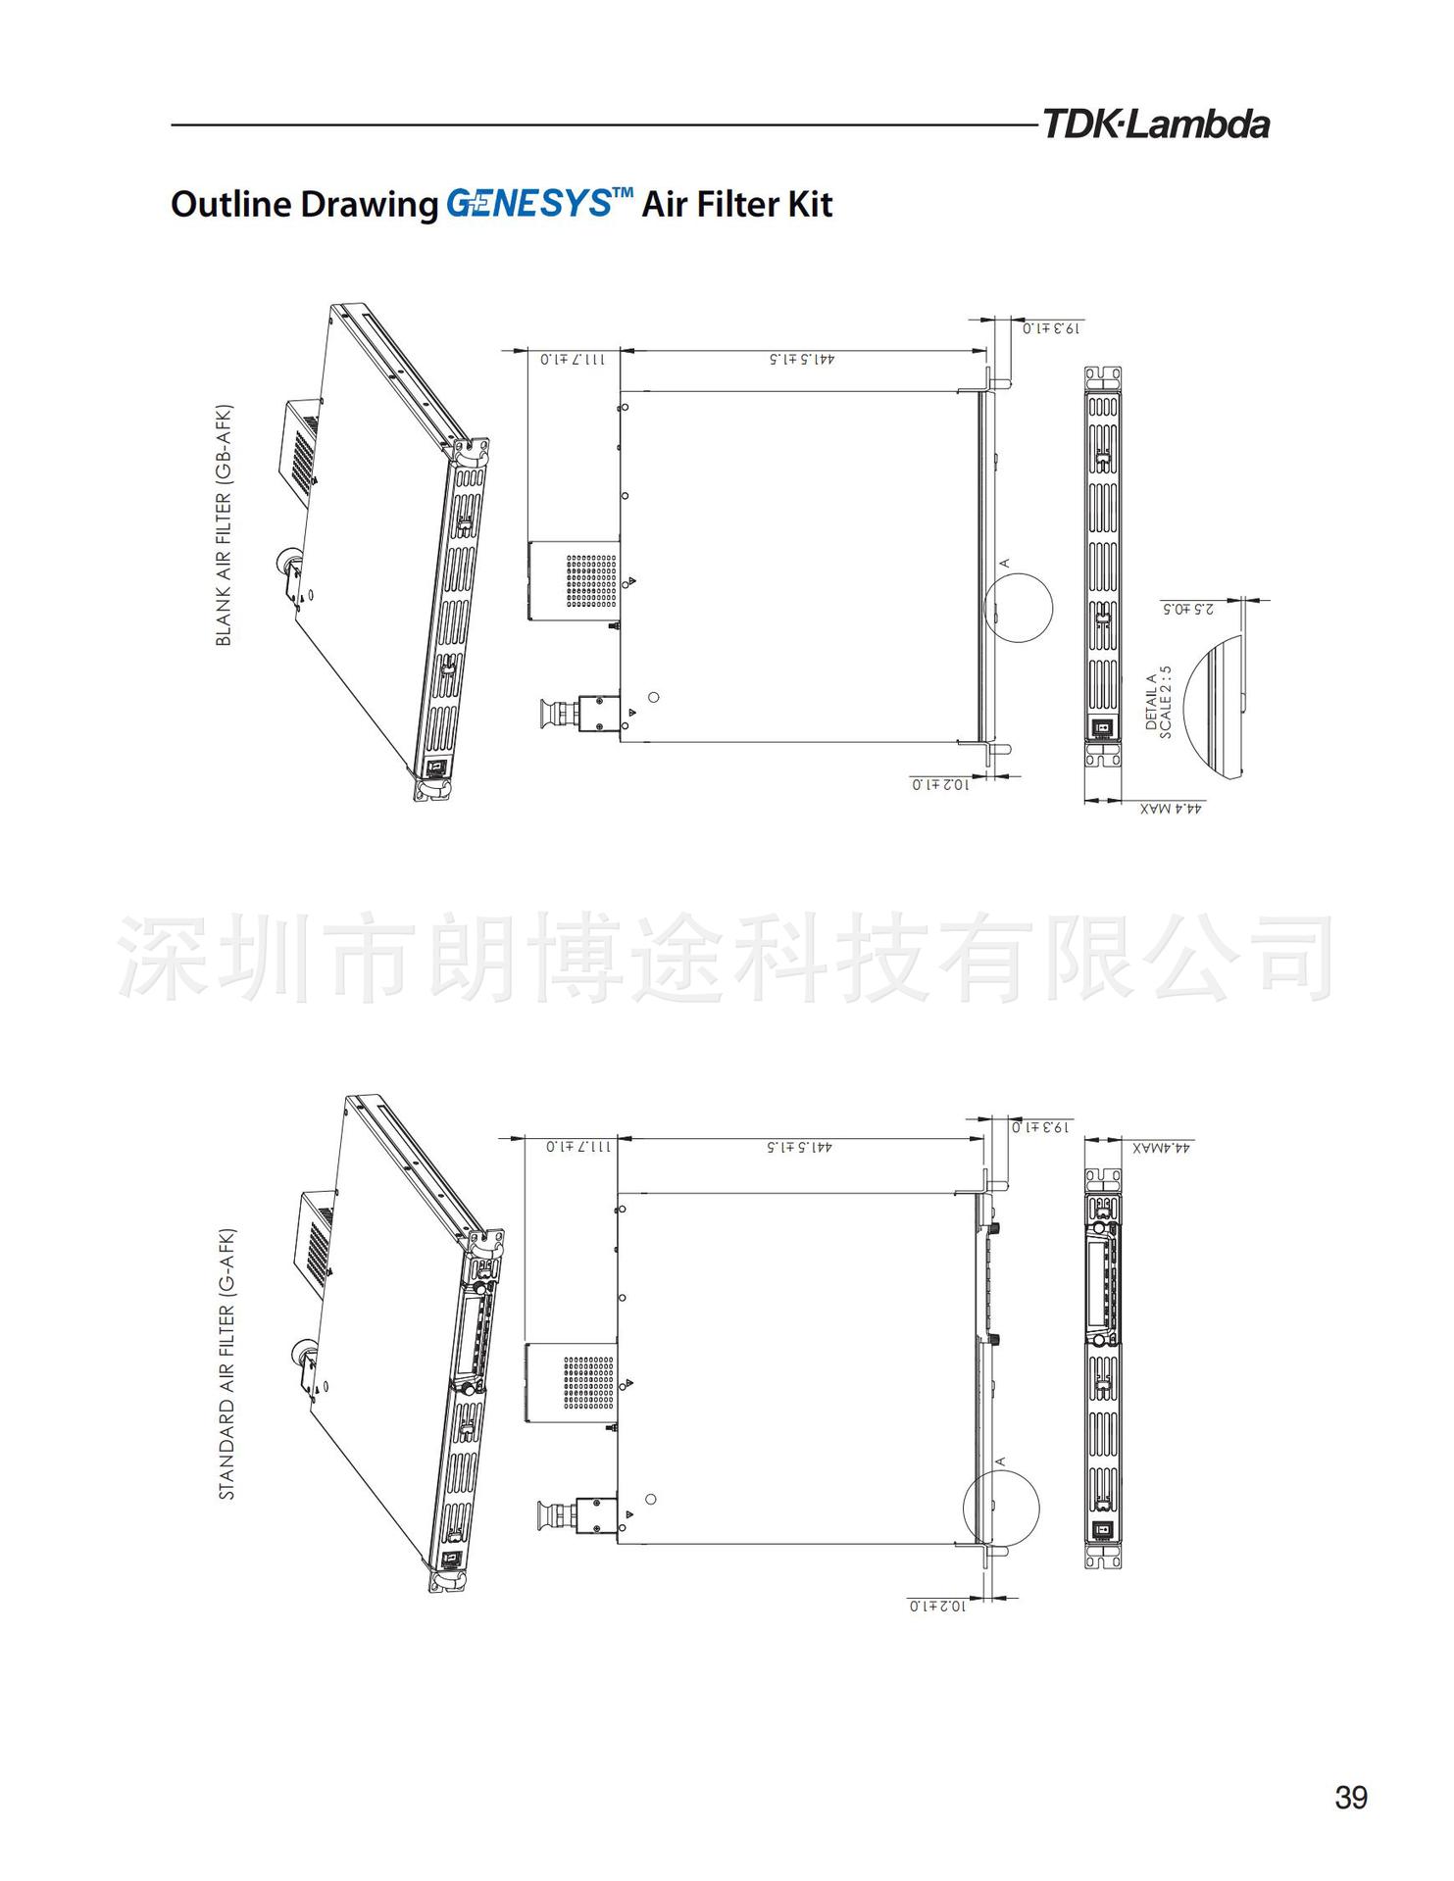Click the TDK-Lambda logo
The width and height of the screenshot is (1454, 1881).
pos(1155,125)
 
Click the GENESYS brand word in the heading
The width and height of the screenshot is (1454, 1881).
pos(528,204)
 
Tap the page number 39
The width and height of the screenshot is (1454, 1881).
pos(1350,1798)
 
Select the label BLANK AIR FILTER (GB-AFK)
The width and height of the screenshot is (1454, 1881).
pos(224,524)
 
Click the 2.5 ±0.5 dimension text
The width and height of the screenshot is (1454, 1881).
pos(1188,609)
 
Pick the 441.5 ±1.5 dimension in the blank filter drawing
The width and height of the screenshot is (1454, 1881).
pos(802,359)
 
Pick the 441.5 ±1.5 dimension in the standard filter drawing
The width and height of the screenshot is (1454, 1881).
pos(799,1147)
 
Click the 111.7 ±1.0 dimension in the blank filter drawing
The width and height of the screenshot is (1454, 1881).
pos(573,359)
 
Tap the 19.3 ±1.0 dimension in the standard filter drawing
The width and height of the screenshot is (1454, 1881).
pos(1040,1127)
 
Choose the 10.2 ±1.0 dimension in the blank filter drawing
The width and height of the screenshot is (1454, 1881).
pos(940,784)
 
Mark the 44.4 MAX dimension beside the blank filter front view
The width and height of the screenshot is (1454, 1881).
pos(1172,809)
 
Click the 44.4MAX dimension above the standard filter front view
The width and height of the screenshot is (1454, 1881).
pos(1161,1147)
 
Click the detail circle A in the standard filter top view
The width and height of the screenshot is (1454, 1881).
pos(1001,1508)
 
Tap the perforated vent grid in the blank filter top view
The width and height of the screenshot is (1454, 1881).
pos(591,580)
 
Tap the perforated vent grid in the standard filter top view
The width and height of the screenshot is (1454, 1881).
pos(588,1382)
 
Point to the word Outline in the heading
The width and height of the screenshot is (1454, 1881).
pos(231,204)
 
